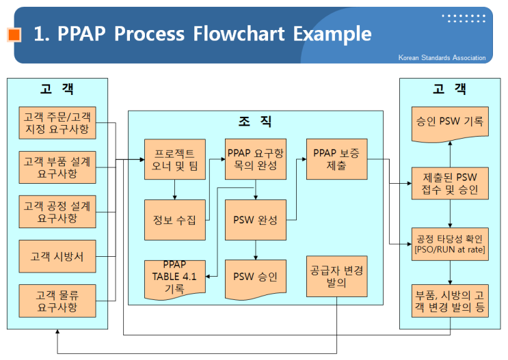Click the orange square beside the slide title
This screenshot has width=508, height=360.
(x=14, y=34)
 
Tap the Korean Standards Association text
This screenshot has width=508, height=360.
(x=442, y=58)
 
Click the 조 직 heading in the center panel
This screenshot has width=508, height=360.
(x=255, y=122)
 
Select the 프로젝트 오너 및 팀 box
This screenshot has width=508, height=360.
(x=174, y=159)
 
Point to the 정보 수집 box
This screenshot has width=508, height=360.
(x=174, y=219)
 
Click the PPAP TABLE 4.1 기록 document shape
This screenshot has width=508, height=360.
(x=174, y=277)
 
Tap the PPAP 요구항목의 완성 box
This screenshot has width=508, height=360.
(x=255, y=159)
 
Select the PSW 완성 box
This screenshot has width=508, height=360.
(x=255, y=219)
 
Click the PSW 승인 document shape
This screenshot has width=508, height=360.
(x=255, y=277)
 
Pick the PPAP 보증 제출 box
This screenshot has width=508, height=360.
(x=336, y=159)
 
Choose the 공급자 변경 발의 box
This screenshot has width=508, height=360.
(x=336, y=276)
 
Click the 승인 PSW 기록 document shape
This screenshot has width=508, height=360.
(x=450, y=122)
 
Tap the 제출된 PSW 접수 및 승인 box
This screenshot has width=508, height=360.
(x=450, y=182)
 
